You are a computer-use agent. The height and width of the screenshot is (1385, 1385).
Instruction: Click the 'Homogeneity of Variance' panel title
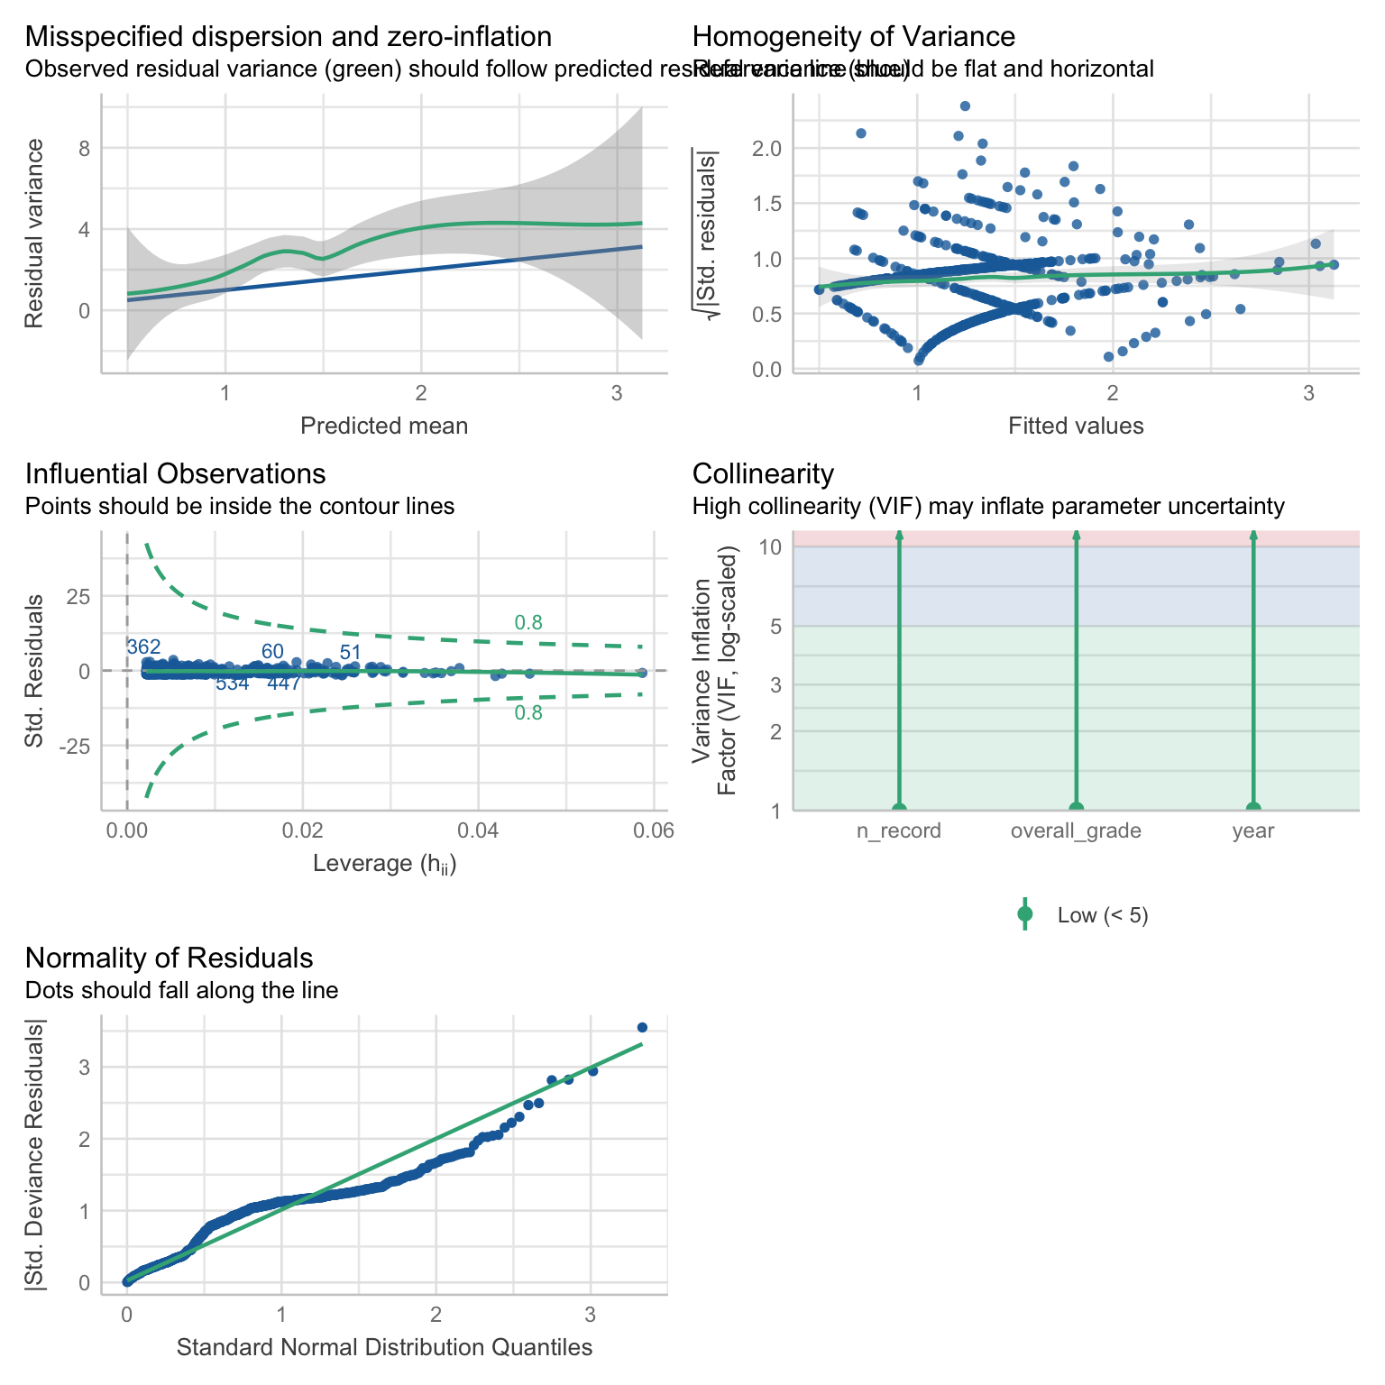click(853, 37)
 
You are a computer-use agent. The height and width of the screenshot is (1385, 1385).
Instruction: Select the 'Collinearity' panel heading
click(763, 474)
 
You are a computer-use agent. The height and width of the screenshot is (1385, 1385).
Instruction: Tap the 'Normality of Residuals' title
click(170, 958)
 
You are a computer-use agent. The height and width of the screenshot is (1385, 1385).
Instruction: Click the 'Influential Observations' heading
click(176, 474)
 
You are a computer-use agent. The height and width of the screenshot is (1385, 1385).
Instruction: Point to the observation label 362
click(143, 647)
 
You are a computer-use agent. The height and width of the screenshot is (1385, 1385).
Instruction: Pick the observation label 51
click(351, 653)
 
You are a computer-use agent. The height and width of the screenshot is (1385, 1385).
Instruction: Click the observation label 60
click(272, 652)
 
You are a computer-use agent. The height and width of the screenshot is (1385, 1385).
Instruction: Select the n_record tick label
click(898, 831)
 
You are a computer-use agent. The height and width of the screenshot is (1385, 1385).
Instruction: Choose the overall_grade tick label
click(1076, 831)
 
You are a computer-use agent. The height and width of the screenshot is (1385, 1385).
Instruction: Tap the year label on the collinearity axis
click(1253, 831)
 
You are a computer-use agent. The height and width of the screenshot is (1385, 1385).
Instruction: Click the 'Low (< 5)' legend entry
click(1103, 916)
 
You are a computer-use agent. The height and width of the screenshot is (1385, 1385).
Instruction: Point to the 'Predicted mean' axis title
click(384, 426)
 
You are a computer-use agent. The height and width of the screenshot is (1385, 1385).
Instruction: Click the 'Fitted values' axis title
click(1076, 426)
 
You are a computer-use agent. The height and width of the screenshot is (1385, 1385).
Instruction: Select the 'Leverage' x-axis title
click(384, 864)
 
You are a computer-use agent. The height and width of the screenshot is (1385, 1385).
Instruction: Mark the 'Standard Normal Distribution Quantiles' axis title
click(384, 1347)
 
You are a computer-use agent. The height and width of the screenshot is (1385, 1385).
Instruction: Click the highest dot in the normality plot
click(642, 1027)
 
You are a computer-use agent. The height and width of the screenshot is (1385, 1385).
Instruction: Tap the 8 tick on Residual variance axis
click(85, 148)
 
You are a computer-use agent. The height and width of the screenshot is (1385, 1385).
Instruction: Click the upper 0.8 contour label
click(528, 622)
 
